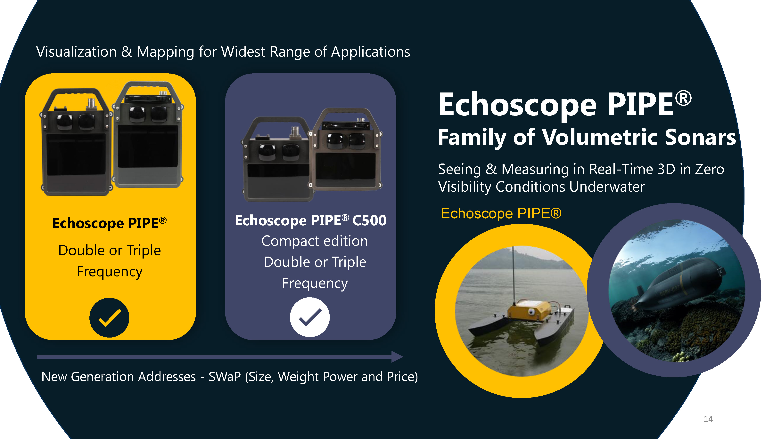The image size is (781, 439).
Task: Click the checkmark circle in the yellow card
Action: [x=109, y=317]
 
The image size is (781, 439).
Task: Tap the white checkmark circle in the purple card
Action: [x=309, y=317]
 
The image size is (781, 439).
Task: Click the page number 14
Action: [x=708, y=419]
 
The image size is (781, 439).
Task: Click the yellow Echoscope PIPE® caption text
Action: [x=501, y=213]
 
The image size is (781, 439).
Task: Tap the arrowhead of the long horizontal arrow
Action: [x=397, y=357]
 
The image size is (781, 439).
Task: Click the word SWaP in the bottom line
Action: [x=225, y=377]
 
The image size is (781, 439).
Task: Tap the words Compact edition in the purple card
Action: [x=315, y=241]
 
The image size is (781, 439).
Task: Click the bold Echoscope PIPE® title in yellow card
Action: [x=109, y=223]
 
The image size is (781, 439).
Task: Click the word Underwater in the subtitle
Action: [x=607, y=187]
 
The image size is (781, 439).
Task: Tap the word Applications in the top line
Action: [x=371, y=52]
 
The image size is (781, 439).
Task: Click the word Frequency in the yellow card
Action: [x=110, y=271]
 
